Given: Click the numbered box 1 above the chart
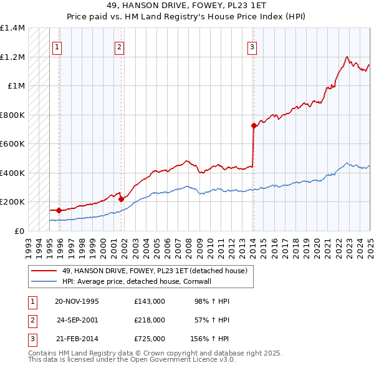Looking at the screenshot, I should pyautogui.click(x=57, y=46).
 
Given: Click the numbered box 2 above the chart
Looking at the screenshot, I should pyautogui.click(x=119, y=46).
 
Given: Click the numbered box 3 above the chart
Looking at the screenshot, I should pyautogui.click(x=252, y=46).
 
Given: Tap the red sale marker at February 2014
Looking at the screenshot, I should pyautogui.click(x=254, y=126).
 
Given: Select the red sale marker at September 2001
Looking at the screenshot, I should pyautogui.click(x=121, y=200).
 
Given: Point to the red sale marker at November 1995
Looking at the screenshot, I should pyautogui.click(x=59, y=210).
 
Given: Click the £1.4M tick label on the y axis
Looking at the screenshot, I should pyautogui.click(x=12, y=28).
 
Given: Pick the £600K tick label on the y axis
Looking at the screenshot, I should pyautogui.click(x=12, y=144).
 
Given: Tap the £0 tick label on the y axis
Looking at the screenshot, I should pyautogui.click(x=19, y=231).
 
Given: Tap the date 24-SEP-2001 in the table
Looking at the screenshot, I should pyautogui.click(x=77, y=320).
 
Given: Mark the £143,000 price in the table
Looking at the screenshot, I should pyautogui.click(x=149, y=301).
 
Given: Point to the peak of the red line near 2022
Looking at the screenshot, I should pyautogui.click(x=347, y=57).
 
